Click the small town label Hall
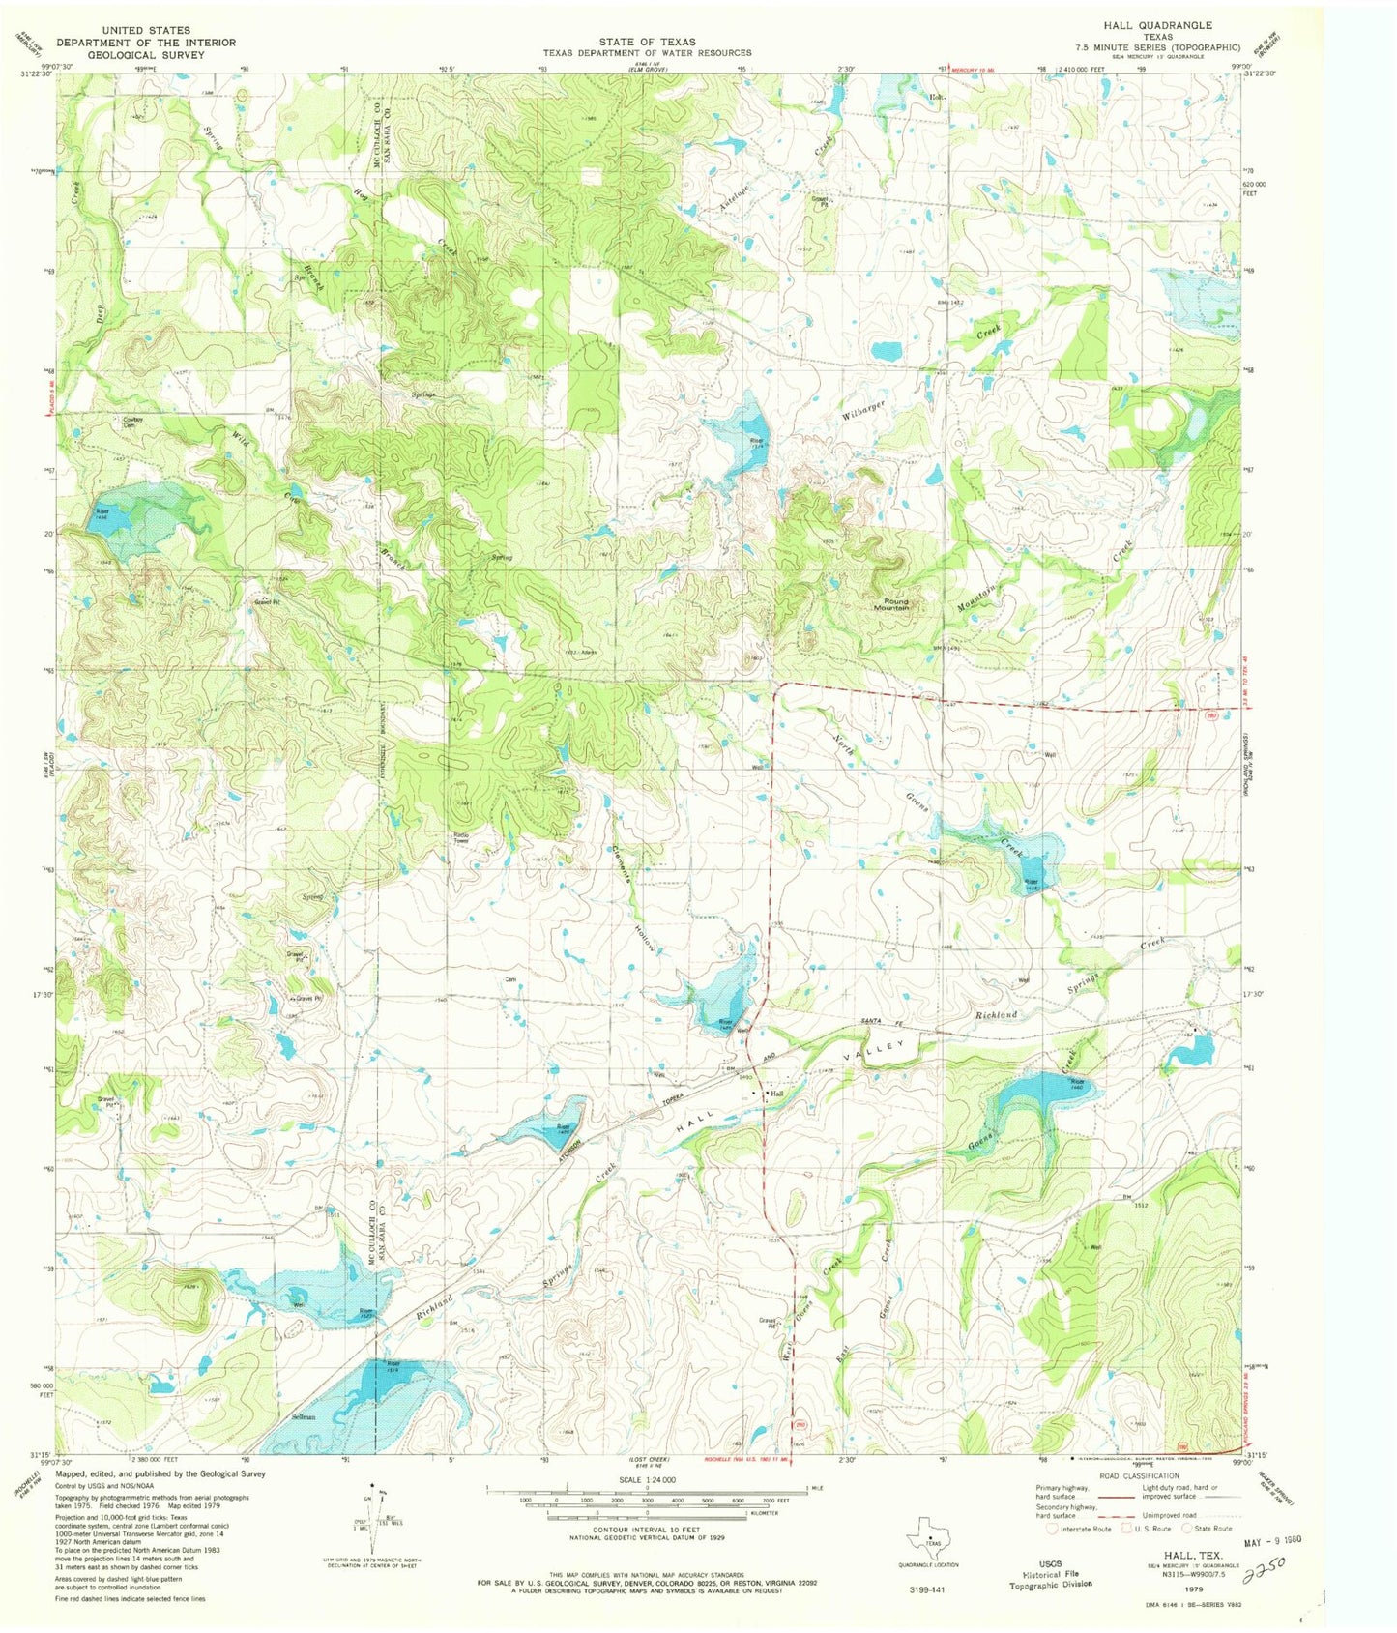click(x=775, y=1094)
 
